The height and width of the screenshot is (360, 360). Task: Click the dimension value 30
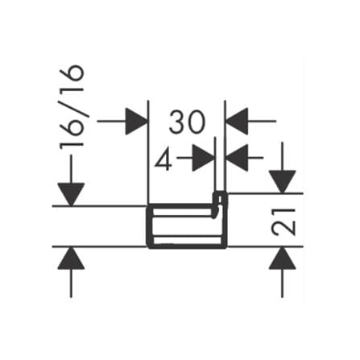click(x=187, y=122)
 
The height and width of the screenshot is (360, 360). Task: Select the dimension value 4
click(x=163, y=159)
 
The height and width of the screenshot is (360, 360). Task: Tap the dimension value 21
click(x=283, y=222)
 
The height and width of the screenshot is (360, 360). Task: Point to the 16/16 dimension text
click(x=72, y=107)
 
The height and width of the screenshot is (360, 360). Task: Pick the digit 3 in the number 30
click(x=177, y=122)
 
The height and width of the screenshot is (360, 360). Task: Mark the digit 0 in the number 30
click(x=197, y=122)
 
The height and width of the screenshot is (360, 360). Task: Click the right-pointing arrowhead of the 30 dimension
click(x=137, y=122)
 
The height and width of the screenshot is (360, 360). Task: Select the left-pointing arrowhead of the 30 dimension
click(x=237, y=122)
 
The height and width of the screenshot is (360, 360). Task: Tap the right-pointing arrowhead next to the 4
click(x=204, y=158)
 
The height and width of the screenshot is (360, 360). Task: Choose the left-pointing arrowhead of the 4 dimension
click(x=237, y=158)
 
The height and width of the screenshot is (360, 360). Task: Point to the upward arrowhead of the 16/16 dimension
click(x=71, y=258)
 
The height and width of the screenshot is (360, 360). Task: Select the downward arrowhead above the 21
click(x=283, y=182)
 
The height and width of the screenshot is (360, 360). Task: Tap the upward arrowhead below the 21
click(x=283, y=258)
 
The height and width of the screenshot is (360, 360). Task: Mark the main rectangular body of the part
click(x=187, y=226)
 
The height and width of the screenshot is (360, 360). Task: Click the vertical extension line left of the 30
click(x=148, y=152)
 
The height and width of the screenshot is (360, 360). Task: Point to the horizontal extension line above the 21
click(x=265, y=193)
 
